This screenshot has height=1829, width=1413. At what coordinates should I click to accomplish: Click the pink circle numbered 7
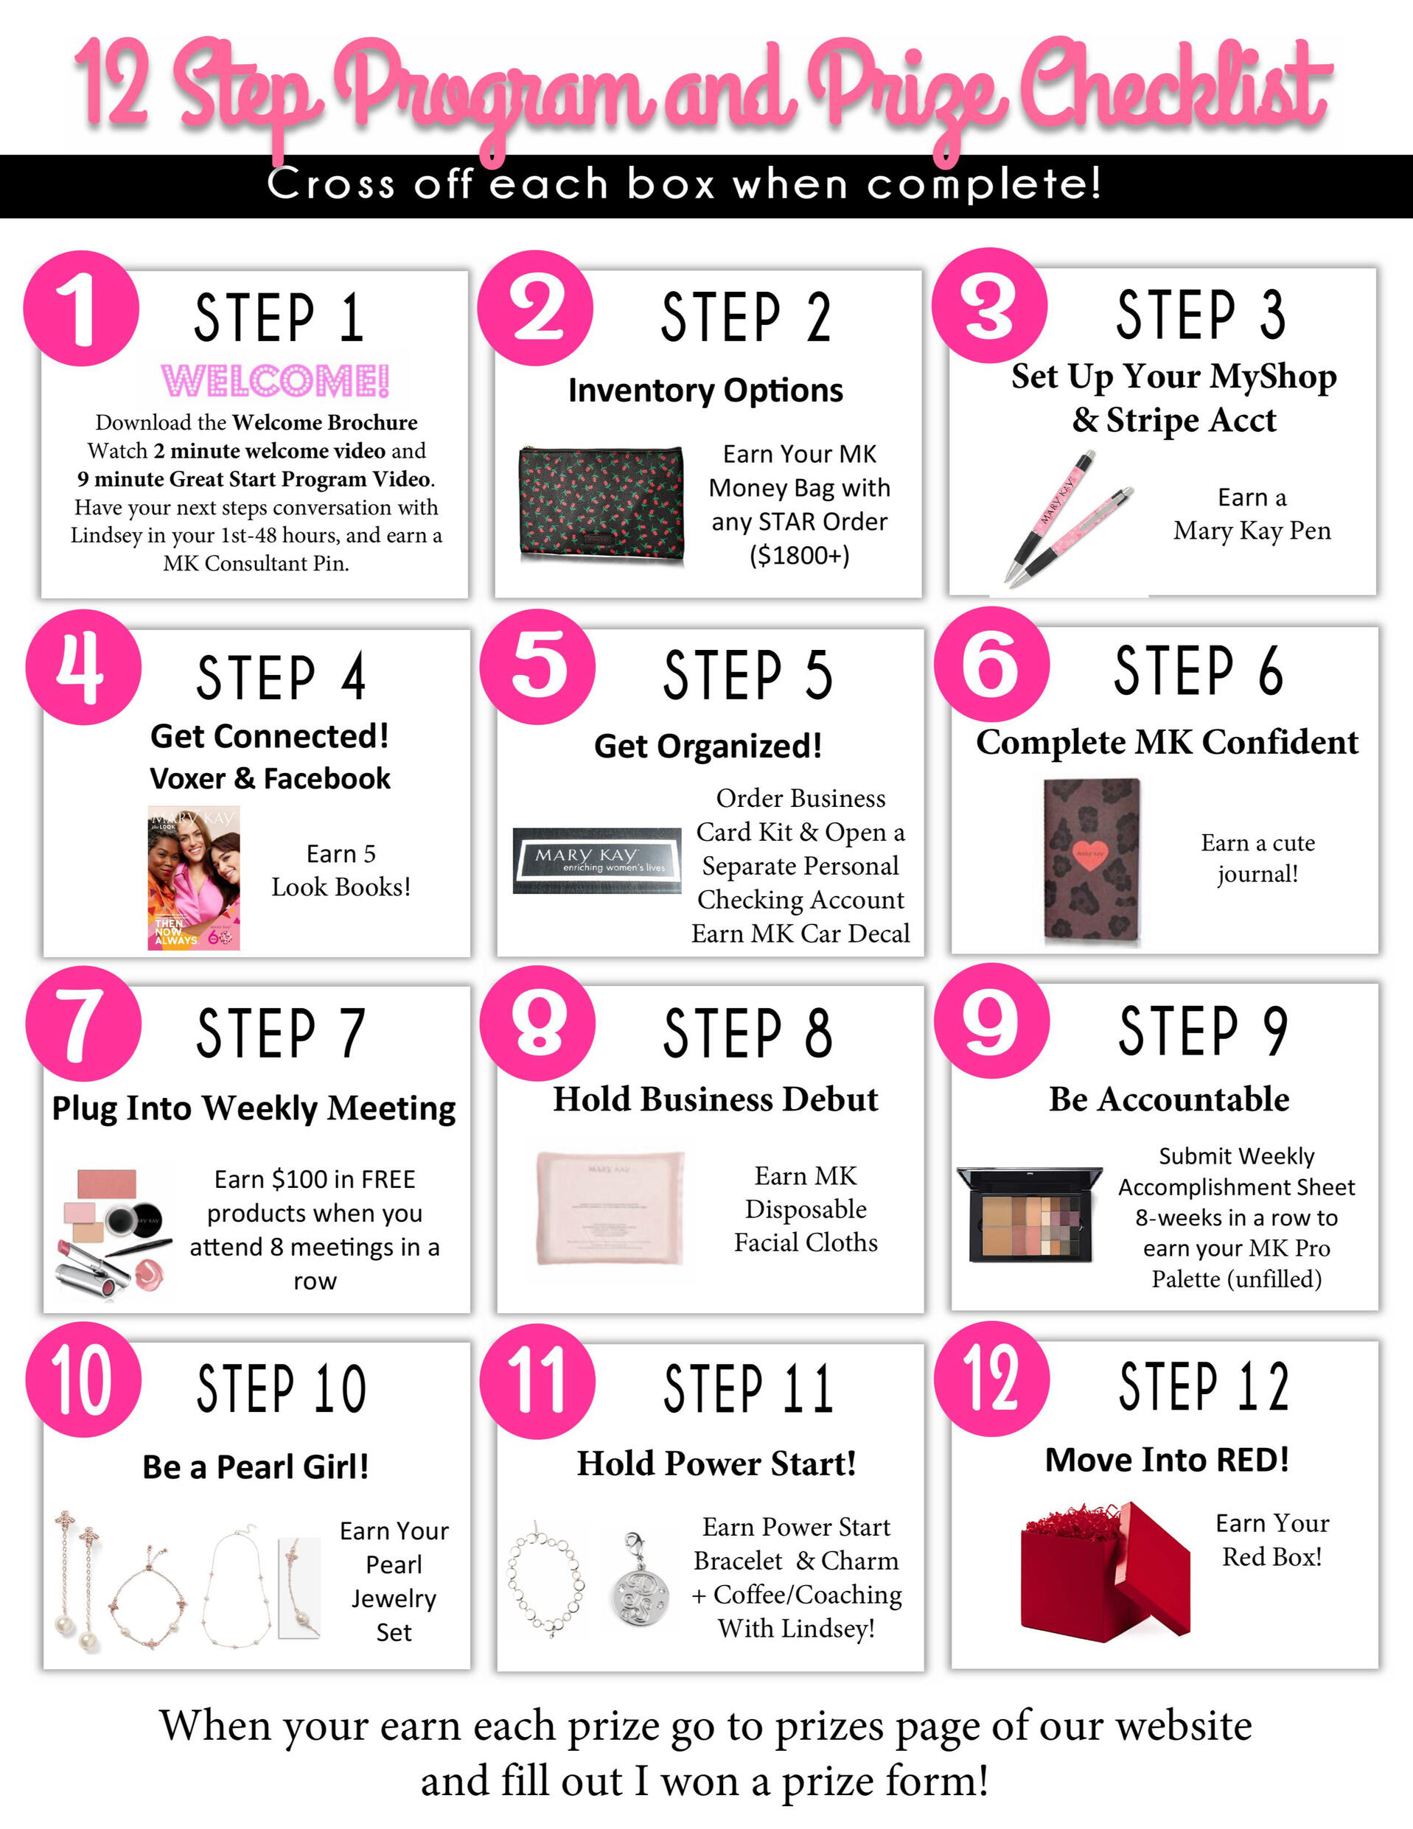[x=83, y=1024]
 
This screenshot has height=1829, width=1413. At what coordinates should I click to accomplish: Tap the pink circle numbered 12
[x=991, y=1379]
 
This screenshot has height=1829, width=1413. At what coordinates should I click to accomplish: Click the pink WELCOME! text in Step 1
[x=275, y=381]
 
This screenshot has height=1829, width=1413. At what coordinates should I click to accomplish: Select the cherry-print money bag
[x=601, y=505]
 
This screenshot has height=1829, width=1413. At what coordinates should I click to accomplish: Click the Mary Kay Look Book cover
[x=193, y=878]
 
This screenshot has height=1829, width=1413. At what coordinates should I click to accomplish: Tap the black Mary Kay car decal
[x=596, y=860]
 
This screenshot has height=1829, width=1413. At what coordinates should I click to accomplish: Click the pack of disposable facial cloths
[x=610, y=1207]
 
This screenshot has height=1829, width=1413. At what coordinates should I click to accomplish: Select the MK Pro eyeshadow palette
[x=1030, y=1214]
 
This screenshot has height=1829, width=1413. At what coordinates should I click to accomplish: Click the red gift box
[x=1105, y=1572]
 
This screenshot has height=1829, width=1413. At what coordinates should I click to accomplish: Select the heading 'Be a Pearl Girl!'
[x=256, y=1466]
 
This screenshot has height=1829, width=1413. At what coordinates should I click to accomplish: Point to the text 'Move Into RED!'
[x=1167, y=1460]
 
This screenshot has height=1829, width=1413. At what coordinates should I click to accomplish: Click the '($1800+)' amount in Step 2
[x=800, y=555]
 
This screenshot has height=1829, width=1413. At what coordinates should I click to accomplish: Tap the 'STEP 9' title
[x=1204, y=1031]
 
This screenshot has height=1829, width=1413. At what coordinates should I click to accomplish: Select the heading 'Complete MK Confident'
[x=1167, y=743]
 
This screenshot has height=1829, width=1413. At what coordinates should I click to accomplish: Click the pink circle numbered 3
[x=990, y=306]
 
